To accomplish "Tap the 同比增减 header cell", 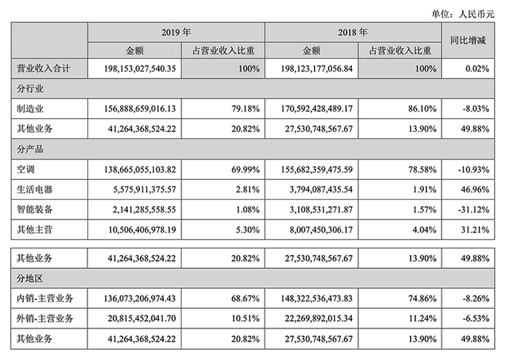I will click(x=471, y=42).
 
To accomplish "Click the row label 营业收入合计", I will click(x=44, y=69).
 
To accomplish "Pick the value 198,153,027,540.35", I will click(x=136, y=69).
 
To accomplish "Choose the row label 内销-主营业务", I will click(x=46, y=298).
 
